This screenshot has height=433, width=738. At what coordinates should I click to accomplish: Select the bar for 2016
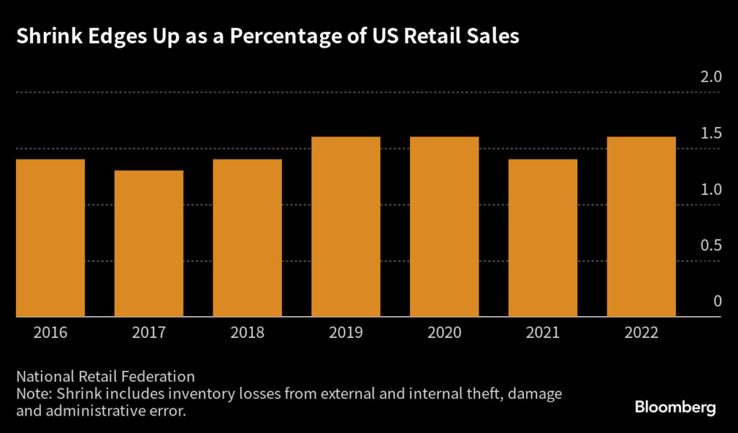click(50, 238)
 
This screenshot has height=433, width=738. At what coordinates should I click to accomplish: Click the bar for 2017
click(149, 244)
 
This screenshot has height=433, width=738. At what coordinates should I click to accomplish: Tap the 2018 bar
click(247, 238)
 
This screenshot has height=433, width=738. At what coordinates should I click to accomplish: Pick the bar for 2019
click(346, 227)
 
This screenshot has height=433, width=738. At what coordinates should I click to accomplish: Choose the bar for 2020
click(445, 227)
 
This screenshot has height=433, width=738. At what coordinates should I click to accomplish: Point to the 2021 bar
click(543, 238)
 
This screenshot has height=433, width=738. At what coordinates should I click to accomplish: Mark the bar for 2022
click(641, 227)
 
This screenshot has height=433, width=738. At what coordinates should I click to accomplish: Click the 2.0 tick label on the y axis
click(711, 77)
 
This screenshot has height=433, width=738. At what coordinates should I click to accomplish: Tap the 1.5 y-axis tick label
click(711, 134)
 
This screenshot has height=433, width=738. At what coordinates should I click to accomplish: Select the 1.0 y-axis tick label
click(711, 190)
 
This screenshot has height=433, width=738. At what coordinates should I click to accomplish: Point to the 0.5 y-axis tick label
click(711, 245)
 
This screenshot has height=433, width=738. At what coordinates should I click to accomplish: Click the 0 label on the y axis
click(717, 302)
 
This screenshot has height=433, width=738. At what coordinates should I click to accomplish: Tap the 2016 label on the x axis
click(50, 333)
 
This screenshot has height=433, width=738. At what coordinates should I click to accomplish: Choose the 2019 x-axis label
click(346, 333)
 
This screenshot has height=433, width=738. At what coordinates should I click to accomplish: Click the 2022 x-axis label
click(641, 333)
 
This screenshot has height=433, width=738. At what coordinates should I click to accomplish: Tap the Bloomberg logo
click(675, 408)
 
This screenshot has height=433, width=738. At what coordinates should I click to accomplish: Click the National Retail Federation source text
click(105, 377)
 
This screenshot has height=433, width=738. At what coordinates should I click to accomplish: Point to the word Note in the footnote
click(32, 395)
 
